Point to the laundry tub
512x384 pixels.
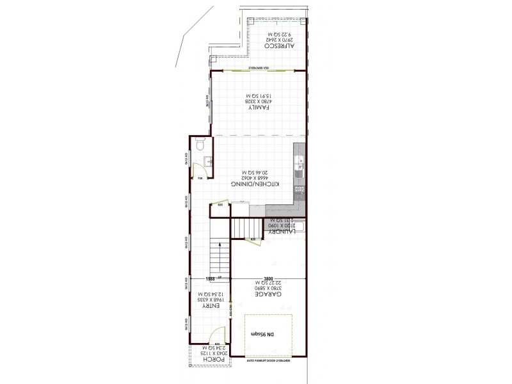coord(300,227)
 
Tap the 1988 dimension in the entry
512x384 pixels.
coord(209,279)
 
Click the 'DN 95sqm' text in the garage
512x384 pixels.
coord(262,335)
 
